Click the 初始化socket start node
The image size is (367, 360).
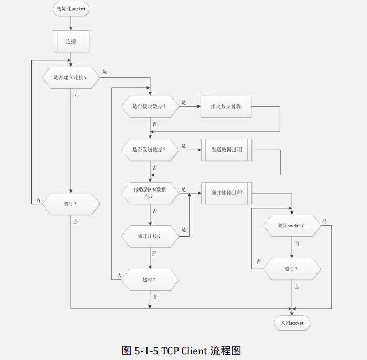70,9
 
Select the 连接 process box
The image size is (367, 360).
70,41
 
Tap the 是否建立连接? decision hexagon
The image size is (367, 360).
70,78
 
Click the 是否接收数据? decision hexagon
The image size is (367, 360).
150,106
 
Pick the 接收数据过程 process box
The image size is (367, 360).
226,106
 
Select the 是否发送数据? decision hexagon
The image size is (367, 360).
150,150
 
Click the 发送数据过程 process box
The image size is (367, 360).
226,150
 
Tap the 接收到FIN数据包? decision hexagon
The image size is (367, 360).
150,193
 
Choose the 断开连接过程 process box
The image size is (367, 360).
226,193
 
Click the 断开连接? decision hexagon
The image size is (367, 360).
150,236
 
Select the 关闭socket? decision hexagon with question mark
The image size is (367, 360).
291,225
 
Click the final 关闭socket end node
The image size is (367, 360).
292,323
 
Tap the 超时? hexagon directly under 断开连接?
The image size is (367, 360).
150,279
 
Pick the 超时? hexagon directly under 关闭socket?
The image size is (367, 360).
291,269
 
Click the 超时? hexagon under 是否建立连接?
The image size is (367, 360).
70,204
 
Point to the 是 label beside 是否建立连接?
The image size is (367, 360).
104,71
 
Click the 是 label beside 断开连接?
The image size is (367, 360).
183,229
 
